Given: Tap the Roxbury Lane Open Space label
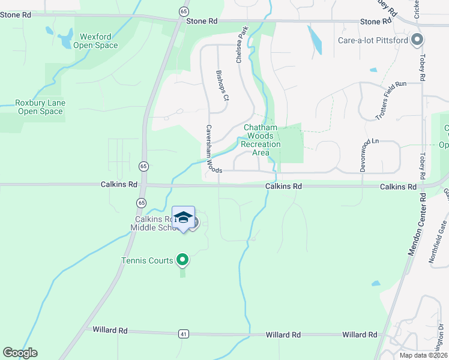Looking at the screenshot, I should pyautogui.click(x=40, y=107).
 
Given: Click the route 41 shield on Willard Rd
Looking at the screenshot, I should pyautogui.click(x=182, y=333).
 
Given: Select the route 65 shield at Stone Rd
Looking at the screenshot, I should pyautogui.click(x=182, y=10).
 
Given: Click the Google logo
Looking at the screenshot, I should pyautogui.click(x=20, y=353).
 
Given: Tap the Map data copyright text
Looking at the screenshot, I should pyautogui.click(x=423, y=355).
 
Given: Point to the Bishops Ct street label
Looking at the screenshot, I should pyautogui.click(x=222, y=85).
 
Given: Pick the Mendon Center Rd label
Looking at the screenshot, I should pyautogui.click(x=417, y=224).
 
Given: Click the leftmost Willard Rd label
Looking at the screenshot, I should pyautogui.click(x=110, y=330).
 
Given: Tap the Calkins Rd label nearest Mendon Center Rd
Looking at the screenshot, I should pyautogui.click(x=398, y=187).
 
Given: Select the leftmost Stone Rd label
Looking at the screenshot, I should pyautogui.click(x=16, y=14).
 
